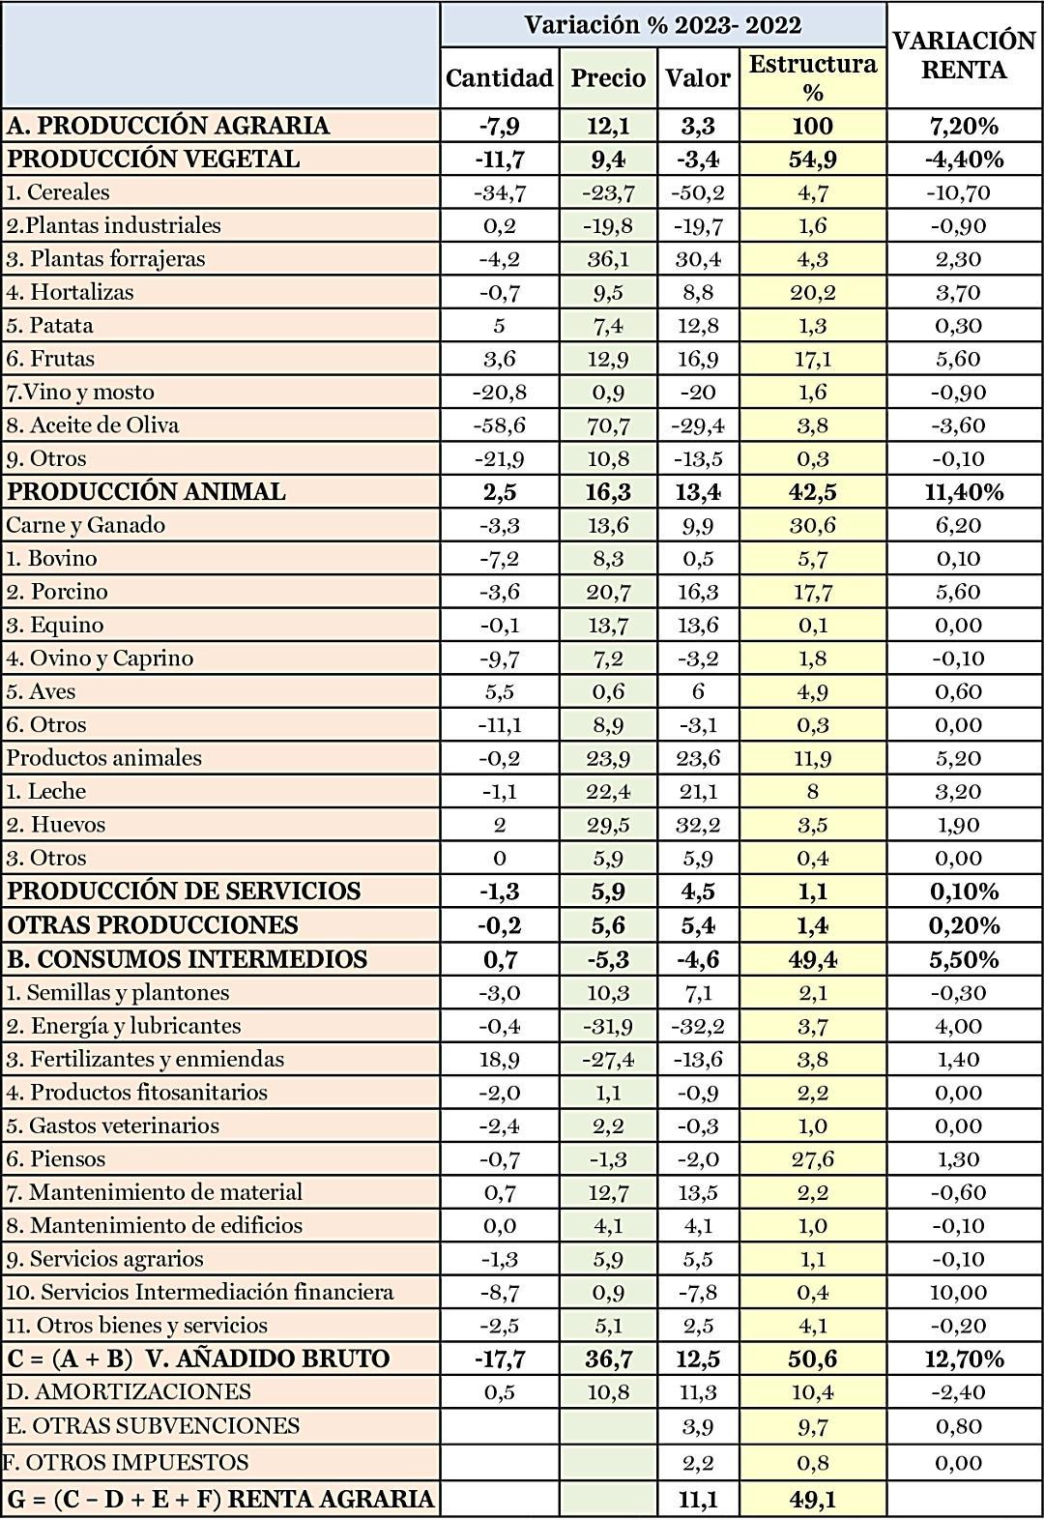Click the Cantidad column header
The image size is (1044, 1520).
(x=499, y=77)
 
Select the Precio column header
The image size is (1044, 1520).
(x=608, y=77)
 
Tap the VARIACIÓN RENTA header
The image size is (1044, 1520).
(x=964, y=55)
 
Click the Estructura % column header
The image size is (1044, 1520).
(x=812, y=77)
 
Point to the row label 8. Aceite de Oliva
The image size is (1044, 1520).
(x=93, y=425)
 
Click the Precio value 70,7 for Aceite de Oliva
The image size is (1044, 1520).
(x=608, y=425)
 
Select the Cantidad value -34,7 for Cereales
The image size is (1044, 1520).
(x=499, y=192)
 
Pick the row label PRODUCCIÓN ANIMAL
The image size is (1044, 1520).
(x=147, y=491)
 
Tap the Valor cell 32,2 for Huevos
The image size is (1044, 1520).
(x=698, y=825)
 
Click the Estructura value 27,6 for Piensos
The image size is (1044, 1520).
(x=812, y=1158)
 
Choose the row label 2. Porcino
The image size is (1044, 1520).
(x=57, y=592)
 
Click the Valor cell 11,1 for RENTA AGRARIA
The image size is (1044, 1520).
(x=698, y=1499)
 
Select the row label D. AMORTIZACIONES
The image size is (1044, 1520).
(x=129, y=1391)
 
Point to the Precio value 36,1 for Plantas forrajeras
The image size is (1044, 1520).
(x=608, y=259)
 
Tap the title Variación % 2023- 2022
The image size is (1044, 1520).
(x=662, y=25)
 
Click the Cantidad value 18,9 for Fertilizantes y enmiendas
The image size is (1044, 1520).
(x=499, y=1059)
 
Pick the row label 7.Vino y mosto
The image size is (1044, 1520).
(x=80, y=392)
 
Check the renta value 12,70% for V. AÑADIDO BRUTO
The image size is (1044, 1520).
(x=964, y=1359)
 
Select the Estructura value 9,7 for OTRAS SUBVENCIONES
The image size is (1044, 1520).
(x=812, y=1426)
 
